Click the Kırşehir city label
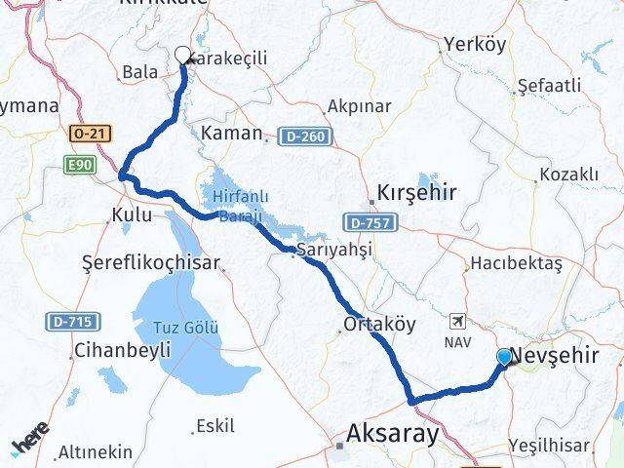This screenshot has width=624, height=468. coord(416,192)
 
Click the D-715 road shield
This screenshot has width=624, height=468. coord(66,320)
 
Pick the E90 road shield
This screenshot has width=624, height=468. coord(80,166)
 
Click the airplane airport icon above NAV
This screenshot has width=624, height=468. coord(457,321)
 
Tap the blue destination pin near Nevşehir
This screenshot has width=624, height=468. coord(503,358)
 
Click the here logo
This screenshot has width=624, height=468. coord(31,445)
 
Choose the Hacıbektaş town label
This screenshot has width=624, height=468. coord(516,263)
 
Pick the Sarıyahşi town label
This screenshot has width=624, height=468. coord(333,250)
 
